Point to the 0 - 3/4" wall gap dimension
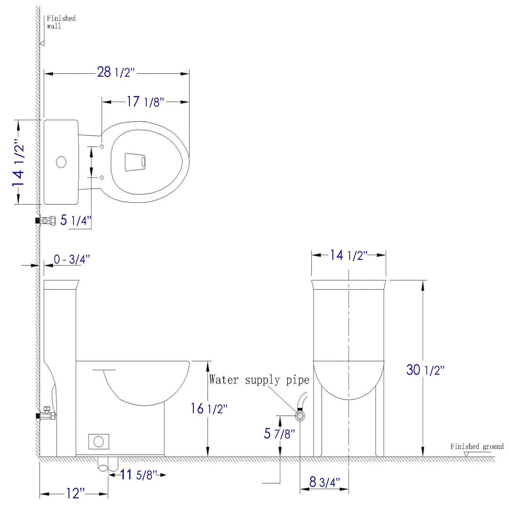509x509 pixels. [x=72, y=260]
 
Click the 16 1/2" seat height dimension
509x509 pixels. [x=209, y=409]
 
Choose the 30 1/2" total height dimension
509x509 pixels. [x=425, y=370]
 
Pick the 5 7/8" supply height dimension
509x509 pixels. [x=280, y=433]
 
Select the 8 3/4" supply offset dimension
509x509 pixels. [x=325, y=482]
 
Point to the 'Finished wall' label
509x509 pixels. [x=61, y=22]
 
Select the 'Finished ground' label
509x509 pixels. [x=477, y=447]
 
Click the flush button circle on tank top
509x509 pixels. [x=61, y=162]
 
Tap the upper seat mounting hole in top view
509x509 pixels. [x=102, y=146]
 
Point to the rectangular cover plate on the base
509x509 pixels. [x=99, y=441]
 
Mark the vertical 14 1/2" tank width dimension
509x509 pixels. [x=18, y=162]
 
